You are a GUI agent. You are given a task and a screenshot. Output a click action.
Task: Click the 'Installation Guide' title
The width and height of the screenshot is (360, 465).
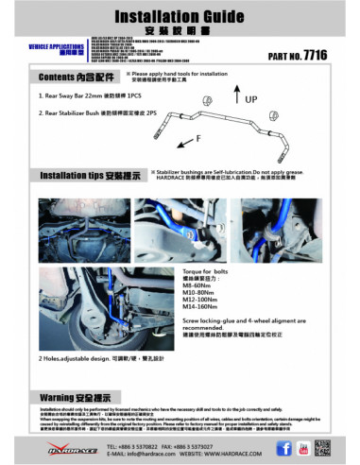pyautogui.click(x=180, y=17)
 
